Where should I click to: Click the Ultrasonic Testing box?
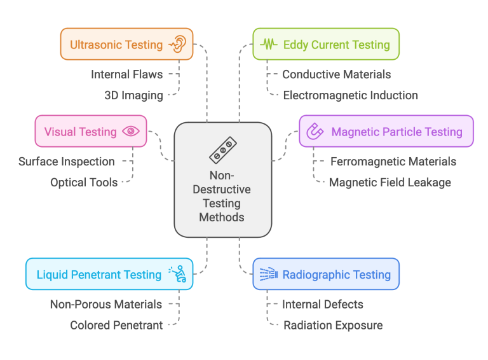tap(126, 45)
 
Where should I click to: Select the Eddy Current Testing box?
tap(325, 45)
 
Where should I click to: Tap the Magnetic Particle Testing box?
tap(386, 132)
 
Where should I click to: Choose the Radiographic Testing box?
tap(325, 275)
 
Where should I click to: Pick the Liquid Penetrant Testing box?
tap(109, 275)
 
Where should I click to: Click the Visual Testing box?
tap(91, 132)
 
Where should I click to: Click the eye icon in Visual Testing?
tap(131, 132)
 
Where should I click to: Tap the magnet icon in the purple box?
tap(315, 132)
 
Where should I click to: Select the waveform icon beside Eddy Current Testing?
tap(269, 45)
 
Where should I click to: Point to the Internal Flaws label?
tap(126, 74)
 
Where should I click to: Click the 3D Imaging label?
tap(133, 95)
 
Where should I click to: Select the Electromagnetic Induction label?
tap(350, 95)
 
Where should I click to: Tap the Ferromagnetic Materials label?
tap(393, 162)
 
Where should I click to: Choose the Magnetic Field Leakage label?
tap(390, 183)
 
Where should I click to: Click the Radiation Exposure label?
tap(332, 325)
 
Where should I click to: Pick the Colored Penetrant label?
tap(116, 325)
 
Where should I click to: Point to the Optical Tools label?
tap(84, 183)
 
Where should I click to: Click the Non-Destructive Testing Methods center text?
tap(222, 197)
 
